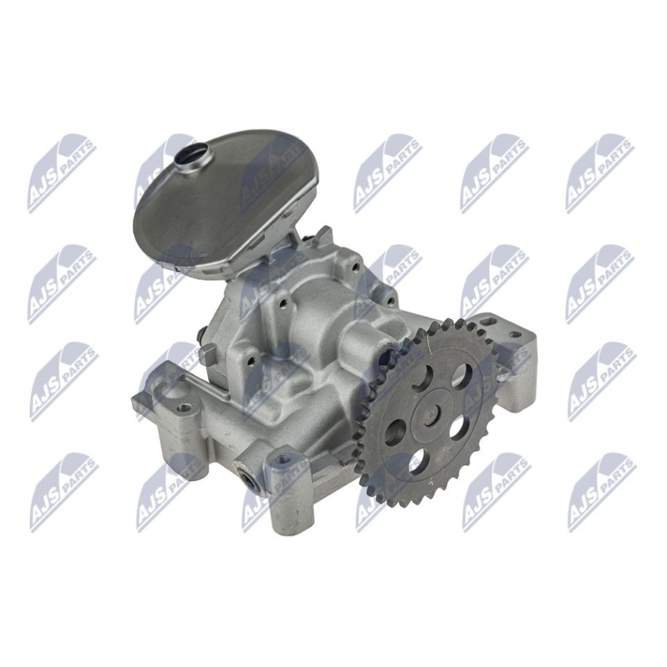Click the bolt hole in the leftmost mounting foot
(x=183, y=408)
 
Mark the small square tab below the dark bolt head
(x=208, y=355)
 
